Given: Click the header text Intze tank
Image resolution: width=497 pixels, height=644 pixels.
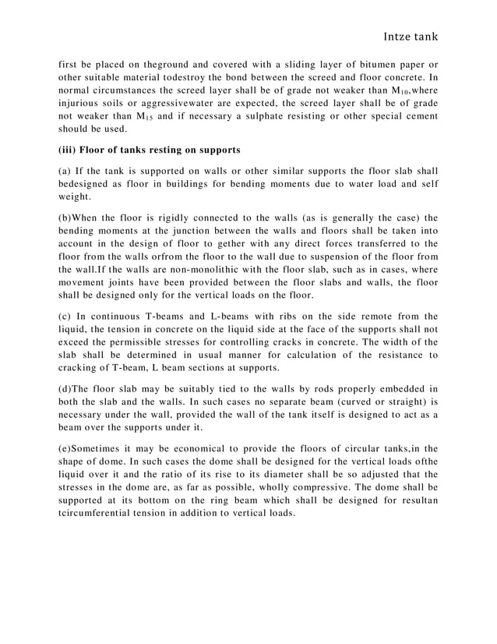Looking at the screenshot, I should click(407, 37).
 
